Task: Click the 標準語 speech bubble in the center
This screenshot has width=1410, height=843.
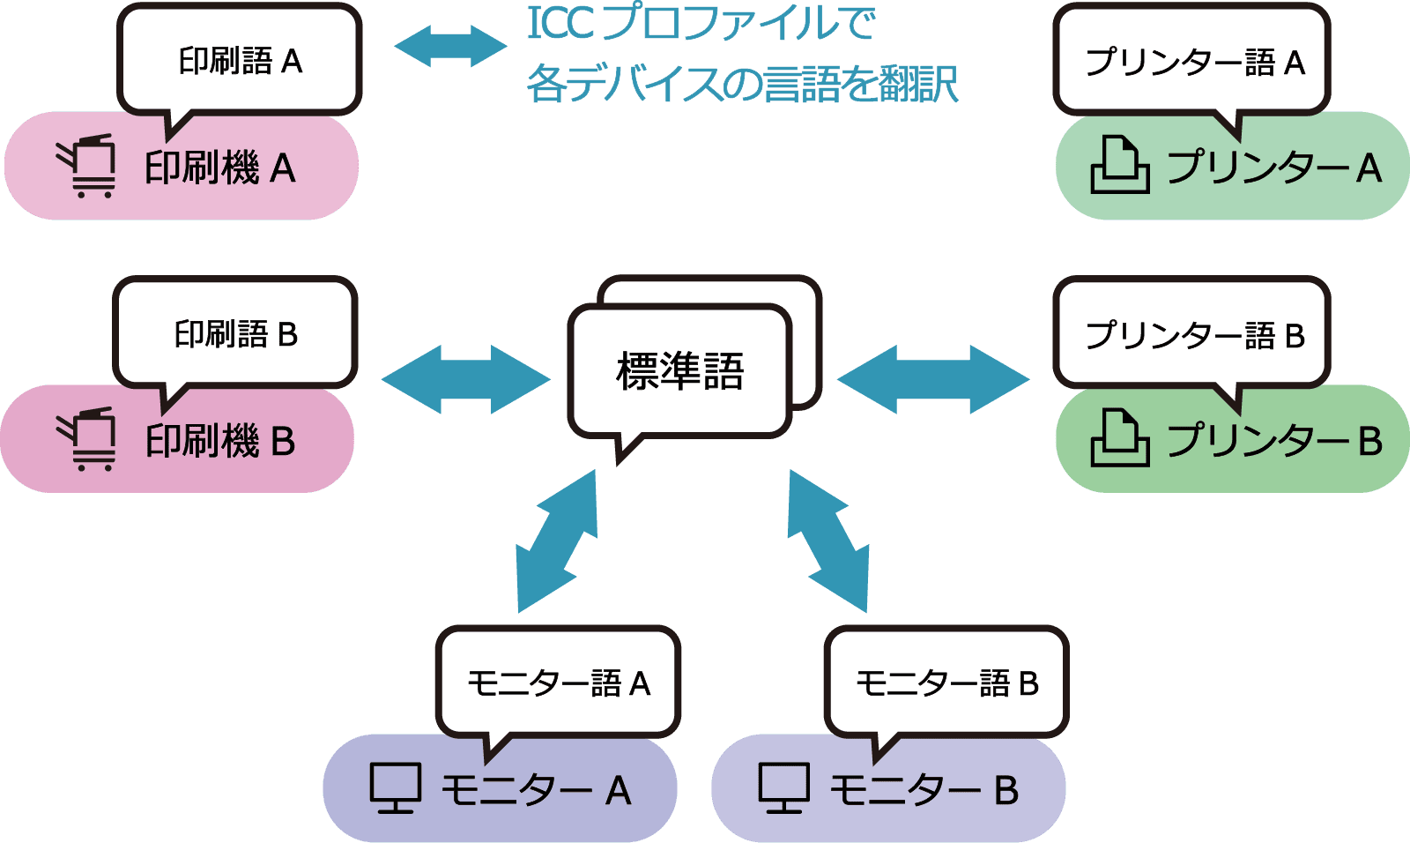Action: [679, 370]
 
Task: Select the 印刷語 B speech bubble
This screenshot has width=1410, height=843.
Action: [235, 334]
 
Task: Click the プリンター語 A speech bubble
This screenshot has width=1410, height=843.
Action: [1192, 62]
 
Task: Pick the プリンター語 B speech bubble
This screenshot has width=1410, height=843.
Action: [1192, 334]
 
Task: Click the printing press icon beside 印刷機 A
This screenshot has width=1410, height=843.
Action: [87, 167]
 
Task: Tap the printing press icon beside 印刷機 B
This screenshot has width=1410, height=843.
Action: [87, 439]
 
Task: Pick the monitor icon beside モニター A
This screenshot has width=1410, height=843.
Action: [395, 787]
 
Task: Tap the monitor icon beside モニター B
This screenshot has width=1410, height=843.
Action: [783, 787]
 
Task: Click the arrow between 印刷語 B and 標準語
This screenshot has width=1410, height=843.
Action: [465, 379]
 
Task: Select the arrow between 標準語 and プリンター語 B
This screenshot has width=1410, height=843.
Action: [933, 379]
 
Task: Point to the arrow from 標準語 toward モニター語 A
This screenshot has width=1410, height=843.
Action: [557, 541]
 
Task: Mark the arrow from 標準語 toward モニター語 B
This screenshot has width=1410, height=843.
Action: [827, 541]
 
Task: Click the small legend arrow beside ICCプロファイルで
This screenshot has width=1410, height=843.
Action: [450, 46]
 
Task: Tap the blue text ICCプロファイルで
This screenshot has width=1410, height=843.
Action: [701, 24]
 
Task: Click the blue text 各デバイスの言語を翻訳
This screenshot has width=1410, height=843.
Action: [742, 85]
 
